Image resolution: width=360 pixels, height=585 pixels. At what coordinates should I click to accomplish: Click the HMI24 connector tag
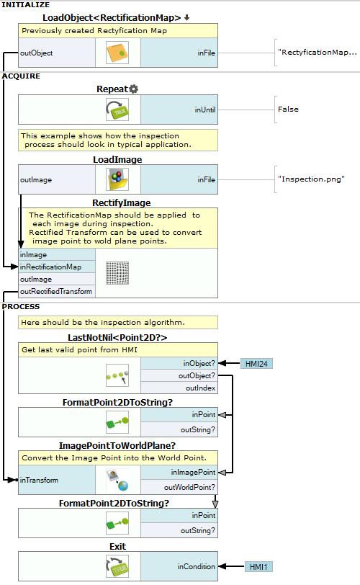257,363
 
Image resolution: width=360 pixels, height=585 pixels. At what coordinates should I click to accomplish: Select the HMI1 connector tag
258,567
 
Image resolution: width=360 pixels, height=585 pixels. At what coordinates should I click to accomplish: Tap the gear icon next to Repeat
134,89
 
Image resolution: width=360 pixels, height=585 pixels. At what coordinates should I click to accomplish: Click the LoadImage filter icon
117,179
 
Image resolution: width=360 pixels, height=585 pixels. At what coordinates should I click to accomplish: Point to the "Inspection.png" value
311,179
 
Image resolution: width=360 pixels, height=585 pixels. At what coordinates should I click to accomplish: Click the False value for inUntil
288,110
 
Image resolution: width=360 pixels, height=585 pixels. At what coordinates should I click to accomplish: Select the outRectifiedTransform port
56,291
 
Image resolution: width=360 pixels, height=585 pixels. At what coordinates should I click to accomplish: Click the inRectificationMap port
50,267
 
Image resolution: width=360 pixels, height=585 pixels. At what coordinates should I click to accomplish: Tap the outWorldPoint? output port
189,487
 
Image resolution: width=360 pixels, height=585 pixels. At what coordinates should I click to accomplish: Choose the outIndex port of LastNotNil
200,388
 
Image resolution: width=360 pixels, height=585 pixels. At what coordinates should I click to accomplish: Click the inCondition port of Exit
197,566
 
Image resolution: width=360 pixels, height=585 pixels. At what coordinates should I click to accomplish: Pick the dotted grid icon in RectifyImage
117,273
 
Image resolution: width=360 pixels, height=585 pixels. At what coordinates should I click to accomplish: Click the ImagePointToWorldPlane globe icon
117,480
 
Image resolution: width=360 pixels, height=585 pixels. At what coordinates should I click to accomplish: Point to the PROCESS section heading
20,307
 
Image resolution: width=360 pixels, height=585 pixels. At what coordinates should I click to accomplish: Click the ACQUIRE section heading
21,76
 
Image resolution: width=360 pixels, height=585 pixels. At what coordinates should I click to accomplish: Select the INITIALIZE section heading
26,5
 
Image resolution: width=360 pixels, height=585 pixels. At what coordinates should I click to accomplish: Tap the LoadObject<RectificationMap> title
112,17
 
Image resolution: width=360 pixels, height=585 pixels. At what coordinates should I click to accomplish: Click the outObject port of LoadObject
37,53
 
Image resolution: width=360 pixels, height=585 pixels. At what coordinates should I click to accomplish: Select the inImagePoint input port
193,473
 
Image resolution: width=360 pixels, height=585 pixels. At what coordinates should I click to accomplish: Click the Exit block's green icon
117,567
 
